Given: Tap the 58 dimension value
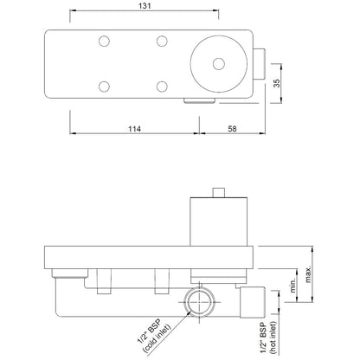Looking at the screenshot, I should coord(233,129).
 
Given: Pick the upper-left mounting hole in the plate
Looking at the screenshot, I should coord(104,41).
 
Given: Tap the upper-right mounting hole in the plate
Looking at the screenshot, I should coord(160,41).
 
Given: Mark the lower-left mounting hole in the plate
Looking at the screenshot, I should coord(104,86).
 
